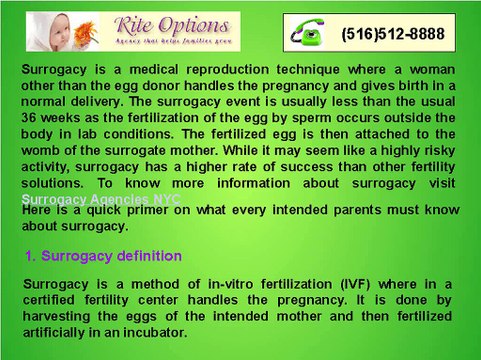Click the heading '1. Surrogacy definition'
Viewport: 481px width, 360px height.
[x=103, y=256]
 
